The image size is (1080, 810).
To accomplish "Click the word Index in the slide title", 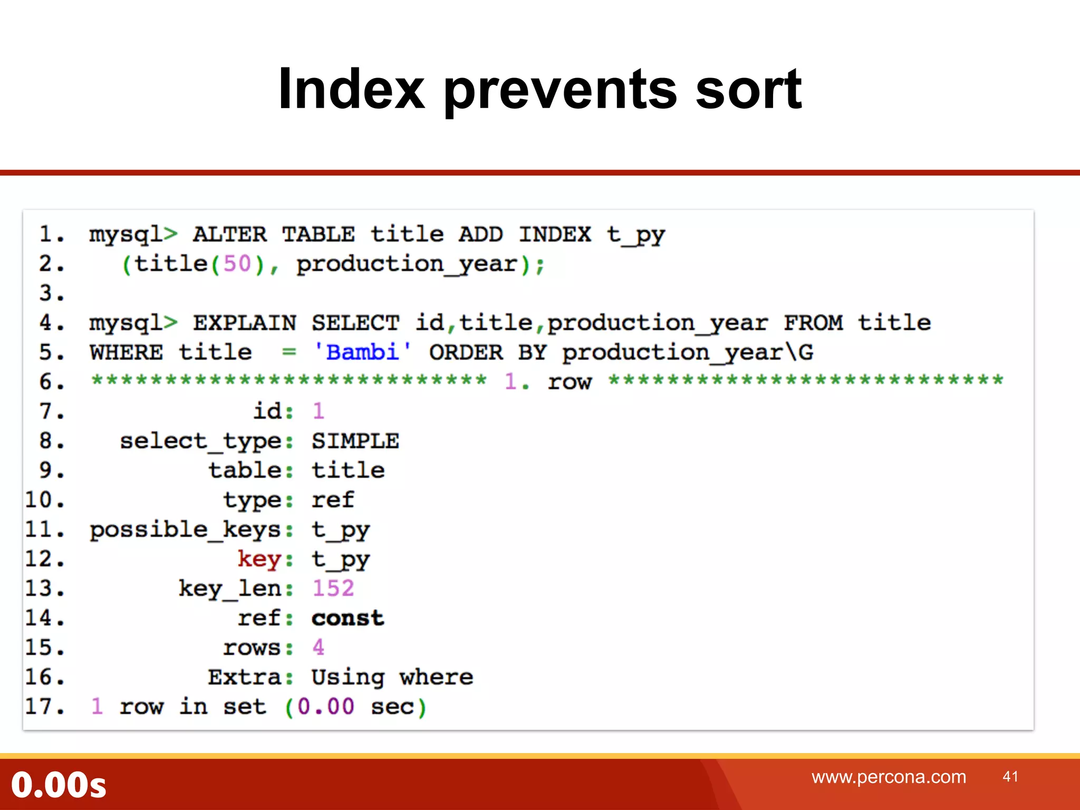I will click(351, 90).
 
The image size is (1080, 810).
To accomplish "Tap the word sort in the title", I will click(748, 90).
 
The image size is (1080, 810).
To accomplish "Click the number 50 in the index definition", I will click(237, 264).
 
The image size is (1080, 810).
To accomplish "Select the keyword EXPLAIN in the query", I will click(245, 323).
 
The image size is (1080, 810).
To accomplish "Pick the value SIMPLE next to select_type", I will click(355, 441).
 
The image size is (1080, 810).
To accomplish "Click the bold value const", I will click(348, 618).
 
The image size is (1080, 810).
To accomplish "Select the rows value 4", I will click(318, 648).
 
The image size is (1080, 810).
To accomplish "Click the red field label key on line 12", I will click(259, 559).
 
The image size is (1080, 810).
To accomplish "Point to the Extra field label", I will click(245, 677).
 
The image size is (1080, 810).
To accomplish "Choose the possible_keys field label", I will click(186, 529).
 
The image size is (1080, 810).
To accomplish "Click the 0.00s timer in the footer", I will click(59, 785).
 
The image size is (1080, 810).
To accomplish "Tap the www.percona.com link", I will click(889, 777).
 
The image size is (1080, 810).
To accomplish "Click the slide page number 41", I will click(1010, 776).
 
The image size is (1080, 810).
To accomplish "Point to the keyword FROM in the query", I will click(813, 323).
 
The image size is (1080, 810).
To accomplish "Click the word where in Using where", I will click(436, 677).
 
